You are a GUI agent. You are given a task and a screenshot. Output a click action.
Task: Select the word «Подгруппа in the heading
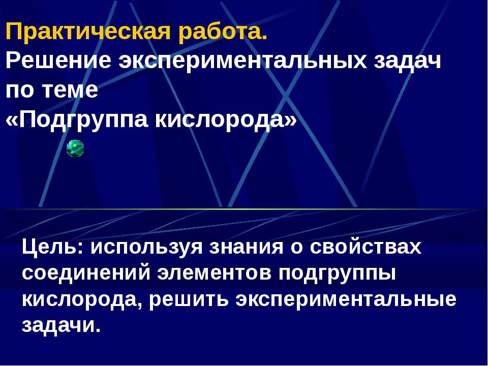coord(76,120)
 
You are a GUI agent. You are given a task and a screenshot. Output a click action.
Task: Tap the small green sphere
coord(75,148)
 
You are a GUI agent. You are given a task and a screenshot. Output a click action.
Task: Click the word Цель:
coord(53,248)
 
